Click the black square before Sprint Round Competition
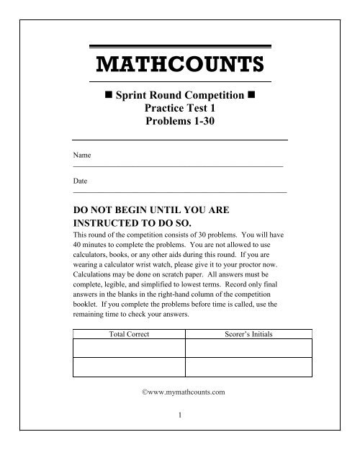click(x=109, y=94)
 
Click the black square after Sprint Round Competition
click(x=251, y=94)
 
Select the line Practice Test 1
click(x=180, y=108)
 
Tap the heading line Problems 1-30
click(x=180, y=122)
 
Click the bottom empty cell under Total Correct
click(x=130, y=366)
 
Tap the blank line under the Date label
click(x=180, y=193)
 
